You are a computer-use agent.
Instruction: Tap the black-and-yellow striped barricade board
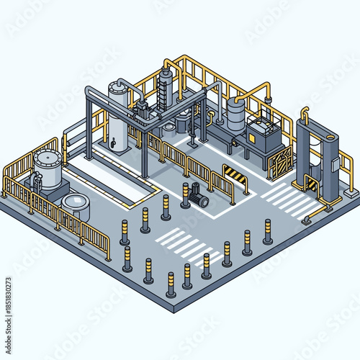coord(235,175)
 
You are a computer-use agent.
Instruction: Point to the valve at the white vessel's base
coord(112,144)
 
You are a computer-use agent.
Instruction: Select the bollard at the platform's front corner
coord(171,286)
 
